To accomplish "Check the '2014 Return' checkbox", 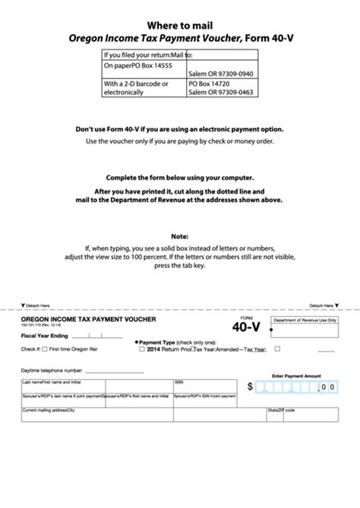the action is click(x=142, y=349).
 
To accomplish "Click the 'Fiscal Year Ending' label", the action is click(x=42, y=335).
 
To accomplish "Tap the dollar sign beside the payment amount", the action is click(x=250, y=387).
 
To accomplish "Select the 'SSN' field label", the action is click(x=179, y=382).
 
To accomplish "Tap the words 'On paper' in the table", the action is click(x=118, y=66).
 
